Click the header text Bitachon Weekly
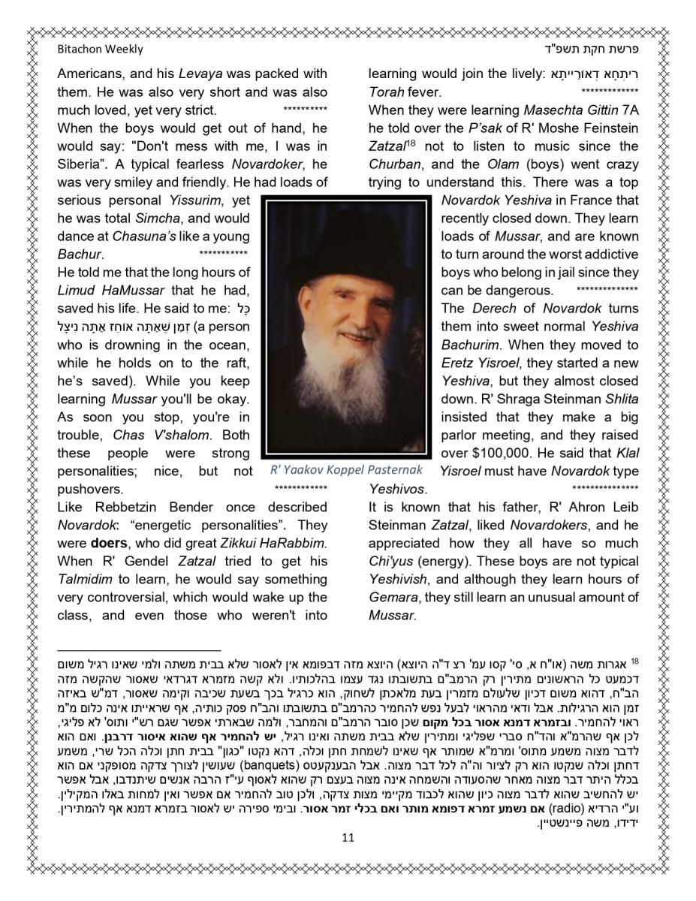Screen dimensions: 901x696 pyautogui.click(x=100, y=50)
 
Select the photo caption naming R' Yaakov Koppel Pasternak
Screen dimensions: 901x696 pyautogui.click(x=346, y=471)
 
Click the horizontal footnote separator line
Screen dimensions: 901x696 pyautogui.click(x=139, y=651)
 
